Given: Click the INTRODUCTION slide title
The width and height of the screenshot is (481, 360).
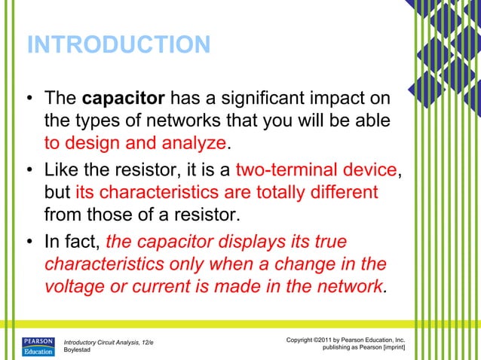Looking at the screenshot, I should (x=118, y=45).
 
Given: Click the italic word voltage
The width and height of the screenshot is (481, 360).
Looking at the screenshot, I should (x=76, y=287).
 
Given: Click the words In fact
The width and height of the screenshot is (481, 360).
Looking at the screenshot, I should (x=73, y=243).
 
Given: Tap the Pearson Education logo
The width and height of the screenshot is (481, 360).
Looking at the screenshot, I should (x=38, y=345).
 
